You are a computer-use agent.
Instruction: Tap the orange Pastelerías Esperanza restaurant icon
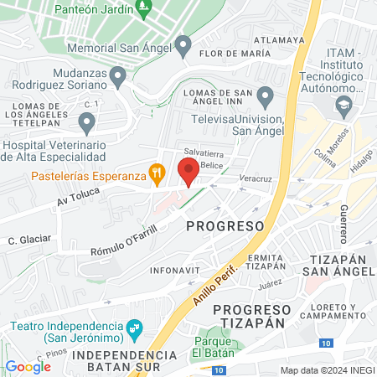[156, 174]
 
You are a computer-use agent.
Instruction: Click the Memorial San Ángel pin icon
[184, 44]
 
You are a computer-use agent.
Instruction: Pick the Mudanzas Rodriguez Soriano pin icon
[118, 79]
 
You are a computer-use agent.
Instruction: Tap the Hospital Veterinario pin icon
[86, 124]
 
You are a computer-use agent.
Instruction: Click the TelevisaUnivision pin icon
[266, 96]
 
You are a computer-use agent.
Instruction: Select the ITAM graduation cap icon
[343, 106]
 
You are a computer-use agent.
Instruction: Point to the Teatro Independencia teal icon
[132, 326]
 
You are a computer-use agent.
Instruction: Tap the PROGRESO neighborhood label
[225, 226]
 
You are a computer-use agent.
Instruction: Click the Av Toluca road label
[78, 198]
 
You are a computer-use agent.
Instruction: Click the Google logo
[28, 366]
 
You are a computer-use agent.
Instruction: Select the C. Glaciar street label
[29, 239]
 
